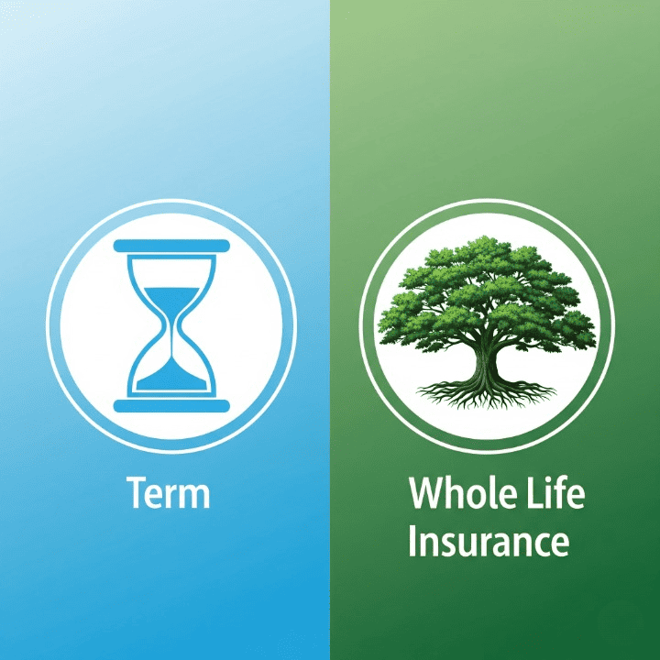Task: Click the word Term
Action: coord(169,494)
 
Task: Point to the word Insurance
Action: coord(488,541)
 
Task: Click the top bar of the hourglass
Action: coord(170,245)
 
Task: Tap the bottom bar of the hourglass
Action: coord(170,405)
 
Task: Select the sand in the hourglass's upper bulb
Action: coord(170,299)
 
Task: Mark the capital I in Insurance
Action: coord(413,541)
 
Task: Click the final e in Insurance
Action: coord(558,544)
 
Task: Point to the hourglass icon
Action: coord(170,325)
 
